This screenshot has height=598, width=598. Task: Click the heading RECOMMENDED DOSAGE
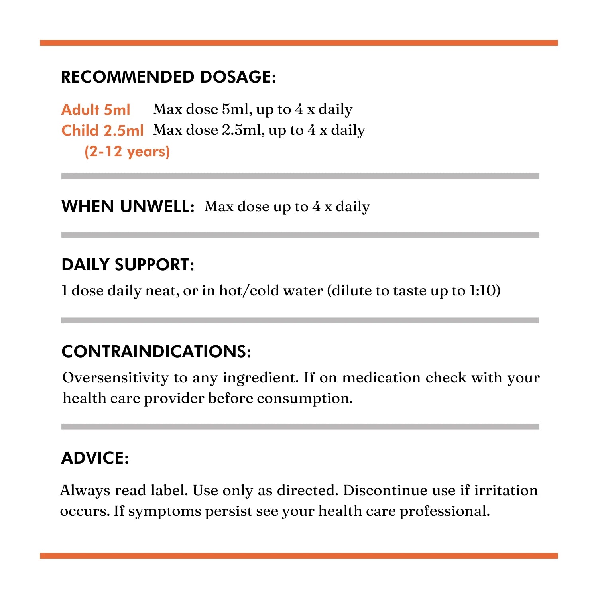point(168,77)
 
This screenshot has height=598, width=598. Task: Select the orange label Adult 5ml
point(96,110)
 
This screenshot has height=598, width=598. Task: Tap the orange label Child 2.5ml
point(102,130)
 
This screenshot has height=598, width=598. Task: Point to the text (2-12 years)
point(127,151)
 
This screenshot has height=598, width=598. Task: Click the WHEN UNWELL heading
point(128,207)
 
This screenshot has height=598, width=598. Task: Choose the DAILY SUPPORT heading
point(128,265)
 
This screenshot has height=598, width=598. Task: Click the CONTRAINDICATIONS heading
point(156,352)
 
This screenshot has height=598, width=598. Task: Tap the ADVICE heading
point(95,458)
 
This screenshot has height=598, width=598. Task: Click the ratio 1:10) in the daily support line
point(484,291)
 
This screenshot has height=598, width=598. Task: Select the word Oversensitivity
point(116,378)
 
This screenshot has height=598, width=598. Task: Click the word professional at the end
point(445,511)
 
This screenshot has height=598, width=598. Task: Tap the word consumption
point(305,398)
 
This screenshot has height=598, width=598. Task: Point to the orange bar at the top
point(299,43)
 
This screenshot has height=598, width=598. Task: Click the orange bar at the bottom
point(299,555)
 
